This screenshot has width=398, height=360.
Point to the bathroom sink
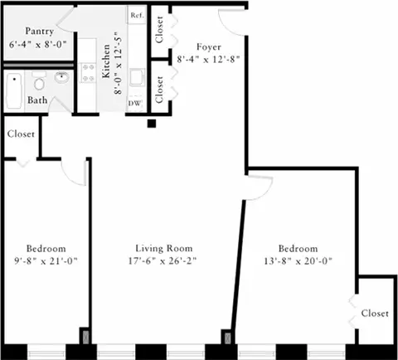click(x=62, y=80)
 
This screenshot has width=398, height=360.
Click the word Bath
click(x=37, y=100)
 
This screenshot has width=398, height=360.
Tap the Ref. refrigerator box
click(x=136, y=16)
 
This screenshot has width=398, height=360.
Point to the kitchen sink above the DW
click(x=137, y=82)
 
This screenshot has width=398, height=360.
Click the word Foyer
click(x=207, y=46)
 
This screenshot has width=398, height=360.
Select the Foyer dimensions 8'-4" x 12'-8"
click(x=208, y=60)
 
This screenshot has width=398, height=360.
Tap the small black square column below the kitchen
click(x=152, y=124)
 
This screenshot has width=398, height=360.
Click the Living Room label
click(x=164, y=248)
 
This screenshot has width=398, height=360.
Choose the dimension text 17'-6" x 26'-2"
click(x=164, y=260)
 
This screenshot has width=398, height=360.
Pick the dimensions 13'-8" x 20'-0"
click(x=298, y=260)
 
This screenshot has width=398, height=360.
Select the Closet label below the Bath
click(x=20, y=134)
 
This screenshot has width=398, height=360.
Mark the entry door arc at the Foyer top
click(x=226, y=17)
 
